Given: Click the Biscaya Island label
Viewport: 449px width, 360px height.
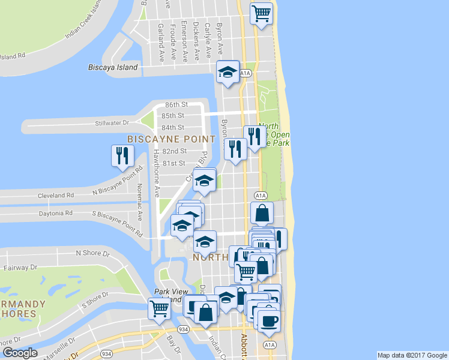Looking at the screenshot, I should coord(113,67).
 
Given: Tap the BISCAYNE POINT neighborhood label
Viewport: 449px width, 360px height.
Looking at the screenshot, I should coord(171,139).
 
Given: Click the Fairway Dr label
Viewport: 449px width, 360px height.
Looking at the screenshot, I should coord(21,267).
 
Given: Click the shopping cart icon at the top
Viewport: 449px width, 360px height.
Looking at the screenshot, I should coord(262,13).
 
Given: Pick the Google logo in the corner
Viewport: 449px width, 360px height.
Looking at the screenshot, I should coord(20,353).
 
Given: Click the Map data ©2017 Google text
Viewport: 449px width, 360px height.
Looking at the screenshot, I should coord(411,355).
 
